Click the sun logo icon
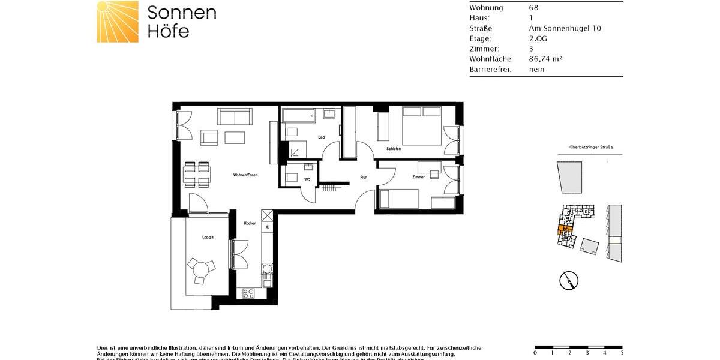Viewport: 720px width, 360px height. coord(118,22)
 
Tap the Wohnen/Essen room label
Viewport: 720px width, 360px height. coord(245,175)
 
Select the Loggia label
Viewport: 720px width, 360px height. coord(208,238)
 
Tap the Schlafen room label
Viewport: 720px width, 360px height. coord(394,149)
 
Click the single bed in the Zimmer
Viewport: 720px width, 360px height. coord(398,198)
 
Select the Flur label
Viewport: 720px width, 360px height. coord(363,178)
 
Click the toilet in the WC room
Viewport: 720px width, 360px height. coord(292,177)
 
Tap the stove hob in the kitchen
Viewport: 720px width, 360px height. coord(248,293)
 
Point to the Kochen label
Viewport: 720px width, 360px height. coord(250,224)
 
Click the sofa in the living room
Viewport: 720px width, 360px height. coord(235,116)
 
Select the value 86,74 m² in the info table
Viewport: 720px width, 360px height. coord(545,59)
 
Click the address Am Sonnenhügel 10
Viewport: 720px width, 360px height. coord(565,28)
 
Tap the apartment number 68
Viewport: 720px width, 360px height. coord(533,8)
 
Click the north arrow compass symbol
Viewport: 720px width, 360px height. coord(568,280)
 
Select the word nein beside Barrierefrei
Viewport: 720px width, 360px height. coord(536,69)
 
